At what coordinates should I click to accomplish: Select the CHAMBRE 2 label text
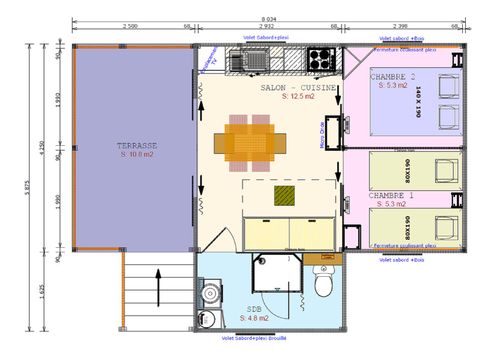click(x=392, y=77)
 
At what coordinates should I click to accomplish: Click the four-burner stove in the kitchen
click(x=321, y=58)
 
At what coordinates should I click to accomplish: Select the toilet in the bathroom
click(x=323, y=284)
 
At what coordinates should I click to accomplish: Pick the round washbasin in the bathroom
click(x=208, y=296)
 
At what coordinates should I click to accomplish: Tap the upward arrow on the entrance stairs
click(x=155, y=280)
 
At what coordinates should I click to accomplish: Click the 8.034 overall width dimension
click(x=267, y=20)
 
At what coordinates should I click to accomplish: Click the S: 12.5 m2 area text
click(x=298, y=98)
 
